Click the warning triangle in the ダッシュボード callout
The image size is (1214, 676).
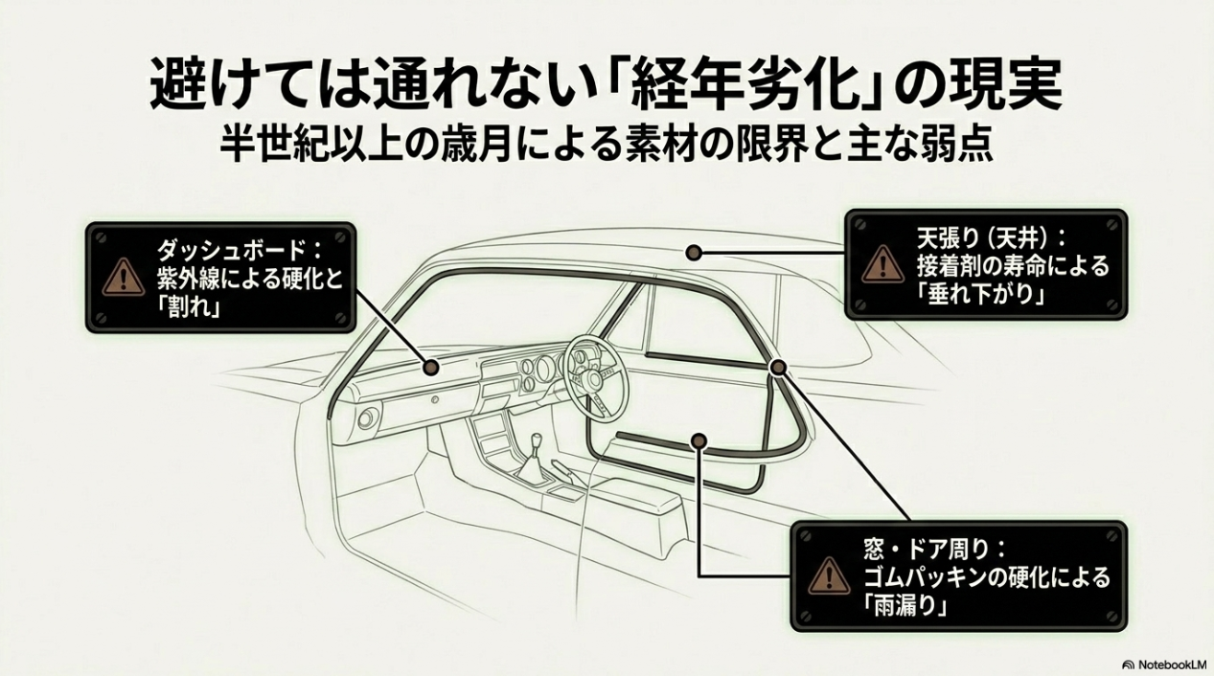tap(125, 277)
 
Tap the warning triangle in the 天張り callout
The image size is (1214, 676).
tap(883, 263)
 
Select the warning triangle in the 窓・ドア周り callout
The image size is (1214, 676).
tap(830, 575)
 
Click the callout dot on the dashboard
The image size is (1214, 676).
tap(431, 368)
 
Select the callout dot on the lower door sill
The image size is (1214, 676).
tap(699, 440)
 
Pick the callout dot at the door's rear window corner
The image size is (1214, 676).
tap(778, 368)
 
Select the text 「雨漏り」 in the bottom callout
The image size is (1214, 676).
tap(905, 605)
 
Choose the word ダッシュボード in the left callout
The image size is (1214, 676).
tap(230, 250)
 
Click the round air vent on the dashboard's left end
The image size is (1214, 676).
tap(367, 418)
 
